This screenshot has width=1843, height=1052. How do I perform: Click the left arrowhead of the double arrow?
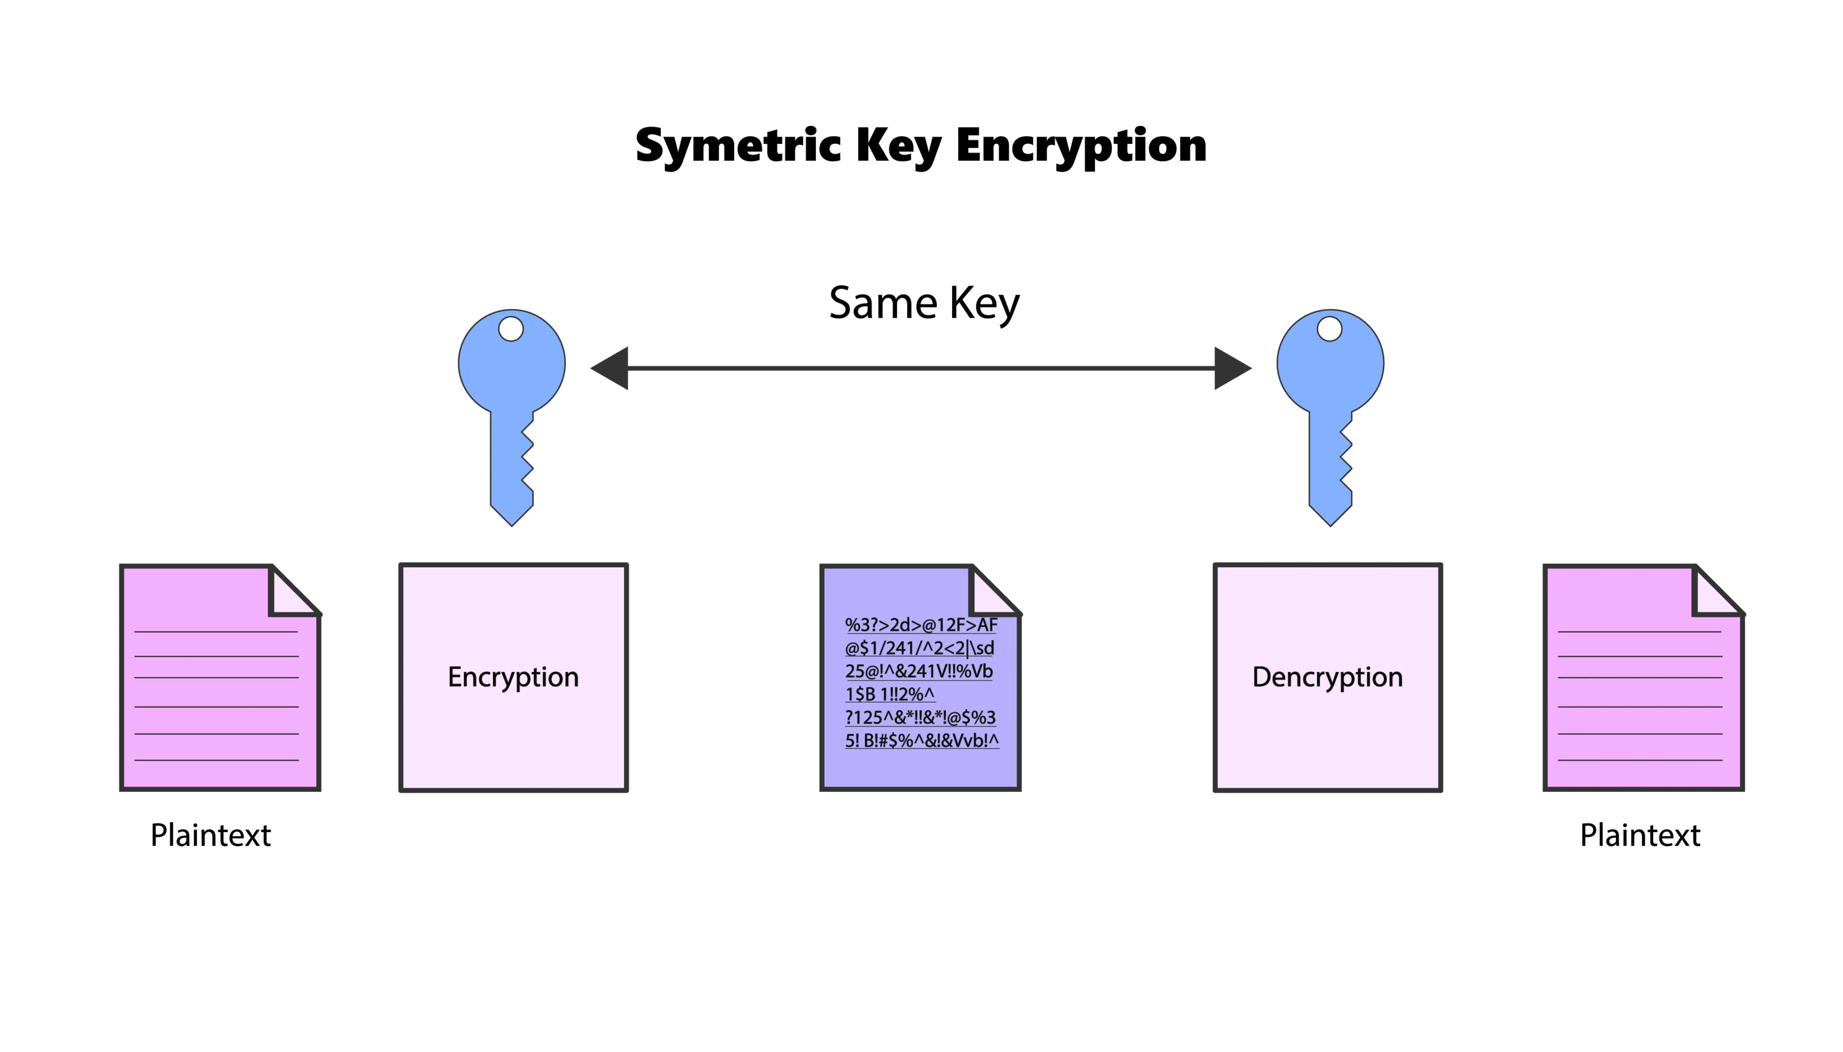coord(611,368)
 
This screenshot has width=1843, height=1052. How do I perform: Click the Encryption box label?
coord(513,677)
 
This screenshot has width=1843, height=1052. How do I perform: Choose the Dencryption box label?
coord(1327,677)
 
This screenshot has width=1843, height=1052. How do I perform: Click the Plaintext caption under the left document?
coord(210,835)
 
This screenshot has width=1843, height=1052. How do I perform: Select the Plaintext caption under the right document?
coord(1639,835)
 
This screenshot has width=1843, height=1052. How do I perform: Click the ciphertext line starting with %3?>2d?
coord(921,625)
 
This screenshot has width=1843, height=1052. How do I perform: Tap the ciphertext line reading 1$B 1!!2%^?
coord(890,694)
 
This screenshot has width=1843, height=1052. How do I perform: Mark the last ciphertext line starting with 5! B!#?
coord(921,741)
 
